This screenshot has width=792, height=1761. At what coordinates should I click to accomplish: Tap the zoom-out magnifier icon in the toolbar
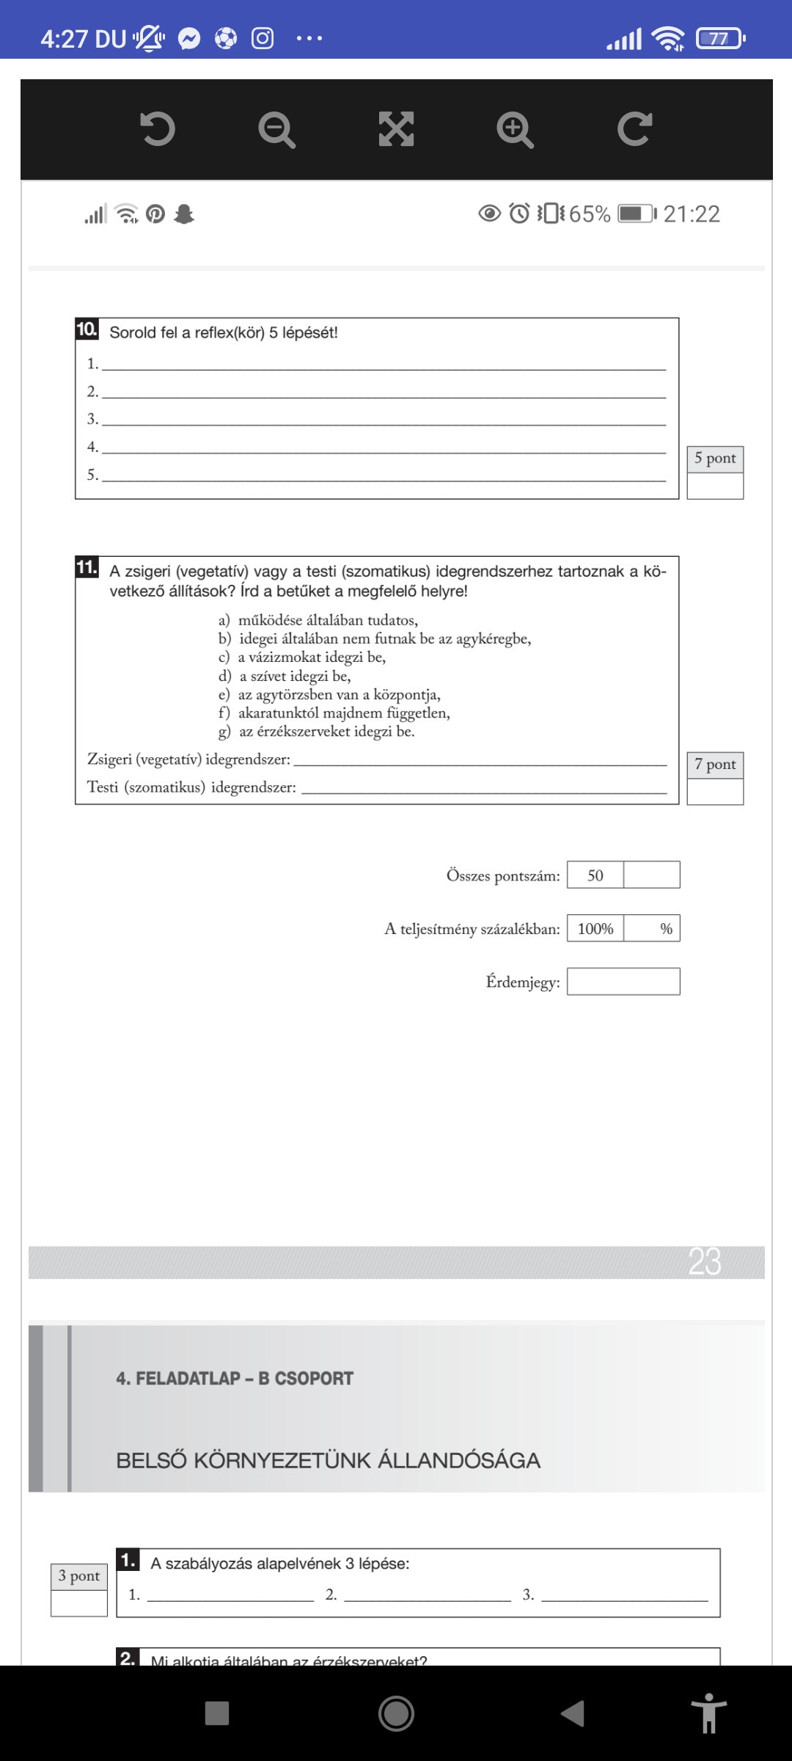point(276,130)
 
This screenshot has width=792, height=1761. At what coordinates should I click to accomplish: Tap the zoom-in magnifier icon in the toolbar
point(515,130)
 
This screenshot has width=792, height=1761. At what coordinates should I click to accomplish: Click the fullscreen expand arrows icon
point(396,130)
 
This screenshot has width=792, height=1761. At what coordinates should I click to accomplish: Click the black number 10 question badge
point(87,329)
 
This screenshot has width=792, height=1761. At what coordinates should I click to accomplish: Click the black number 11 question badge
point(87,567)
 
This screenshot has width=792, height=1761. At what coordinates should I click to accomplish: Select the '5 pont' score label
point(715,459)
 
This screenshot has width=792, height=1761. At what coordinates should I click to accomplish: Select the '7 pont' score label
point(715,765)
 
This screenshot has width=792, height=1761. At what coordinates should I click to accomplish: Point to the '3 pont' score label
point(79,1576)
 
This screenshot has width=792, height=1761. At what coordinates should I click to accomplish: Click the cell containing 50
point(595,875)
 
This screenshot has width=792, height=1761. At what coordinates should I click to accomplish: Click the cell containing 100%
point(595,929)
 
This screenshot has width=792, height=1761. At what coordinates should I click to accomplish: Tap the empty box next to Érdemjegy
point(623,982)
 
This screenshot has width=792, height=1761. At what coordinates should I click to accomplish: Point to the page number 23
point(705,1262)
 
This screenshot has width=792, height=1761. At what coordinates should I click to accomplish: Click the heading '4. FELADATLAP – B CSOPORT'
point(235,1379)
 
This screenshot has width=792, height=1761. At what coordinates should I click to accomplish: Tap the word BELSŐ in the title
point(151,1461)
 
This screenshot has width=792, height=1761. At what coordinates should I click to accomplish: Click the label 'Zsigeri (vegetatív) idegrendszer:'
point(188,759)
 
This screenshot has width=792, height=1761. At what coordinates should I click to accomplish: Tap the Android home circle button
point(396,1713)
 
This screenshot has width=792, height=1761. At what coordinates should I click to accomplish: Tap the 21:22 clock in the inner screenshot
point(692,214)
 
